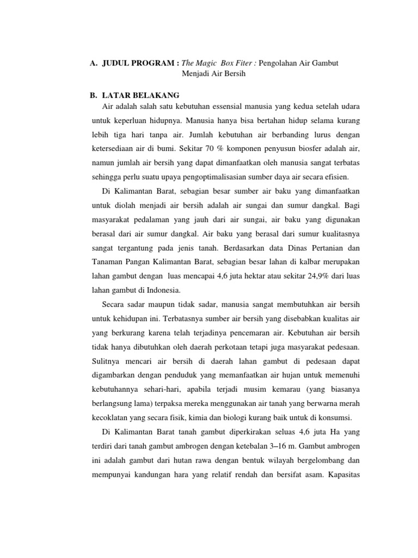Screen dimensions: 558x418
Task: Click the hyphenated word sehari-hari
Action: click(x=163, y=389)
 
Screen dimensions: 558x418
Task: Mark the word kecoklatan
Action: click(x=110, y=417)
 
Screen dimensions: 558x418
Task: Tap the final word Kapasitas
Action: click(x=341, y=474)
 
